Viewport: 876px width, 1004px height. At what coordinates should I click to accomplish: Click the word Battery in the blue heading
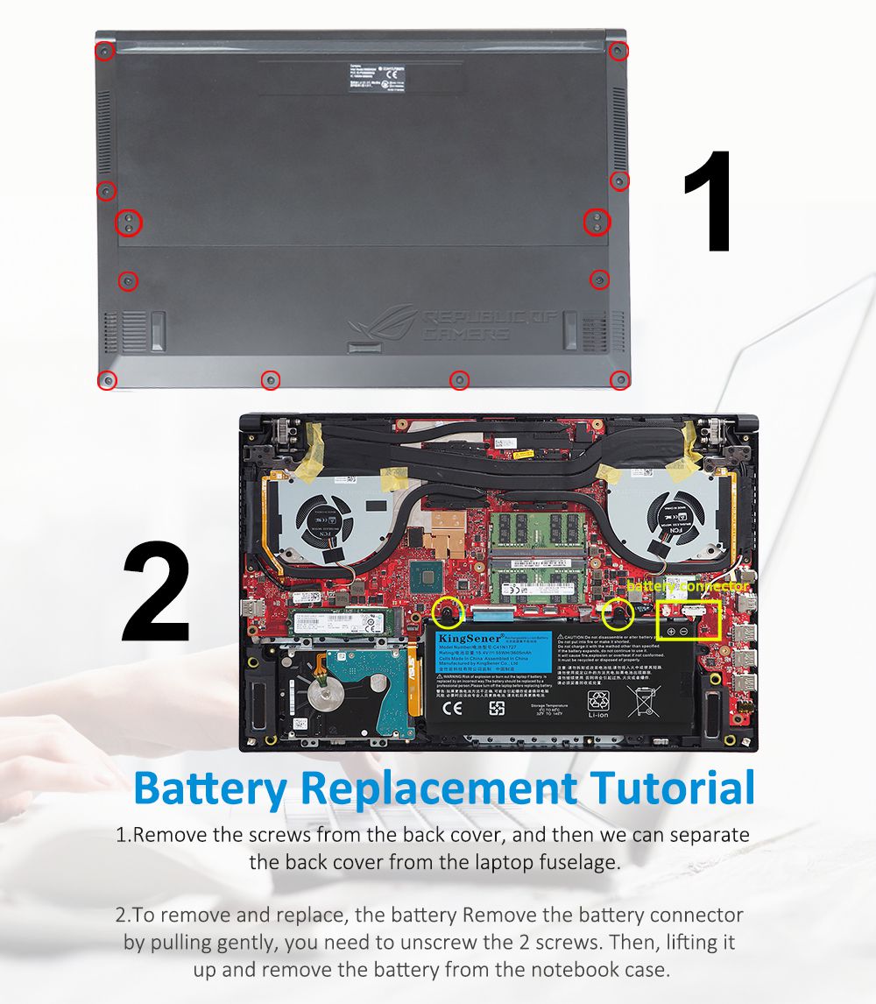(x=211, y=788)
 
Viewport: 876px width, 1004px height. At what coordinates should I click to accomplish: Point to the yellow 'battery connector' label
(x=689, y=585)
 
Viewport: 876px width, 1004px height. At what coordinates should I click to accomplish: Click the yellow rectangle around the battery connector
(x=689, y=619)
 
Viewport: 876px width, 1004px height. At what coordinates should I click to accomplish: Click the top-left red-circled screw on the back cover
(x=104, y=51)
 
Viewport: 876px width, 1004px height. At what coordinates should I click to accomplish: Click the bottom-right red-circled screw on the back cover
(x=619, y=379)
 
